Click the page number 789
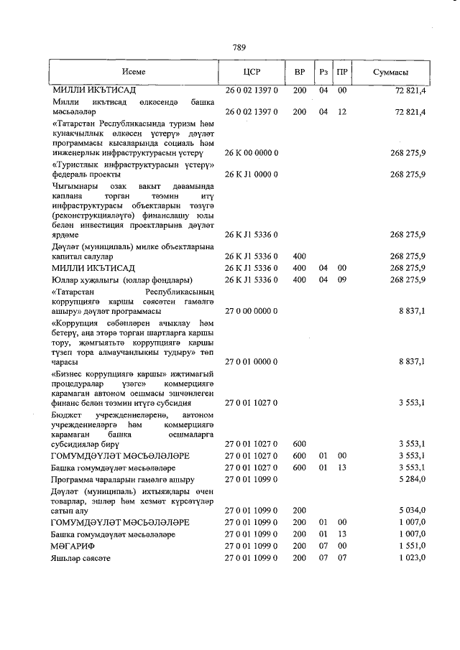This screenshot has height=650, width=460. coord(239,47)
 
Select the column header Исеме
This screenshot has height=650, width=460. coord(134,73)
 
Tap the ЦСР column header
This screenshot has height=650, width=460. coord(252,73)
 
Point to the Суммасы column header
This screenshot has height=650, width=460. coord(391,73)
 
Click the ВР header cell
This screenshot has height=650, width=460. coord(300,73)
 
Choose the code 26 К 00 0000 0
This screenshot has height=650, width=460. coord(252,153)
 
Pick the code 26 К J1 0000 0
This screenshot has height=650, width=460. coord(252,175)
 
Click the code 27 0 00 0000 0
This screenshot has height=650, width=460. coord(252,310)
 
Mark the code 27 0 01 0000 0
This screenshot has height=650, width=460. coord(252,362)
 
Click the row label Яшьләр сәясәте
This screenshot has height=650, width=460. coord(80,558)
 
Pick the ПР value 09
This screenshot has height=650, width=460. coord(342,279)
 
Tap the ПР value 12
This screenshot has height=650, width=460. coord(342,112)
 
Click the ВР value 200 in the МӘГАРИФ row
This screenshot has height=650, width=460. coord(300,547)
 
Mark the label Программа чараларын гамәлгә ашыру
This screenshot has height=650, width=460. coord(123,479)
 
